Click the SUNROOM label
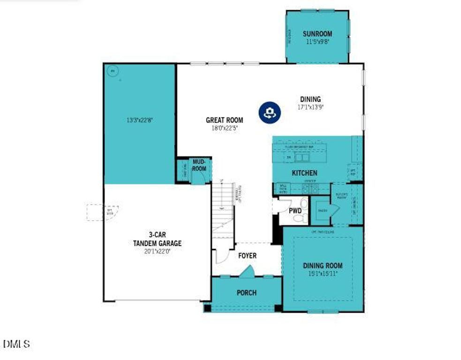point(317,34)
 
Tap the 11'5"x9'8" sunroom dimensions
point(317,41)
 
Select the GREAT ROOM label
point(224,120)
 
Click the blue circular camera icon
point(270,112)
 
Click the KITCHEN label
point(304,173)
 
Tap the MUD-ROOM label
point(199,165)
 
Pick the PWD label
point(295,210)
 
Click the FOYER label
point(247,256)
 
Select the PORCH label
point(246,293)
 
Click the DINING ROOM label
point(322,265)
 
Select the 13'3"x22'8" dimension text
point(139,120)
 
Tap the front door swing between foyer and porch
point(247,271)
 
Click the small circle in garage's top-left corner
point(112,71)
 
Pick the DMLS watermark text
point(16,344)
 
